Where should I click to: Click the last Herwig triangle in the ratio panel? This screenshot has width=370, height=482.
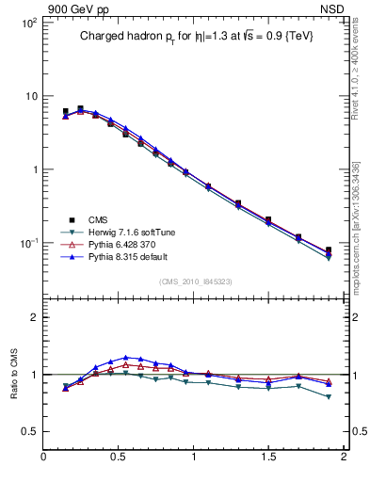click(329, 397)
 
